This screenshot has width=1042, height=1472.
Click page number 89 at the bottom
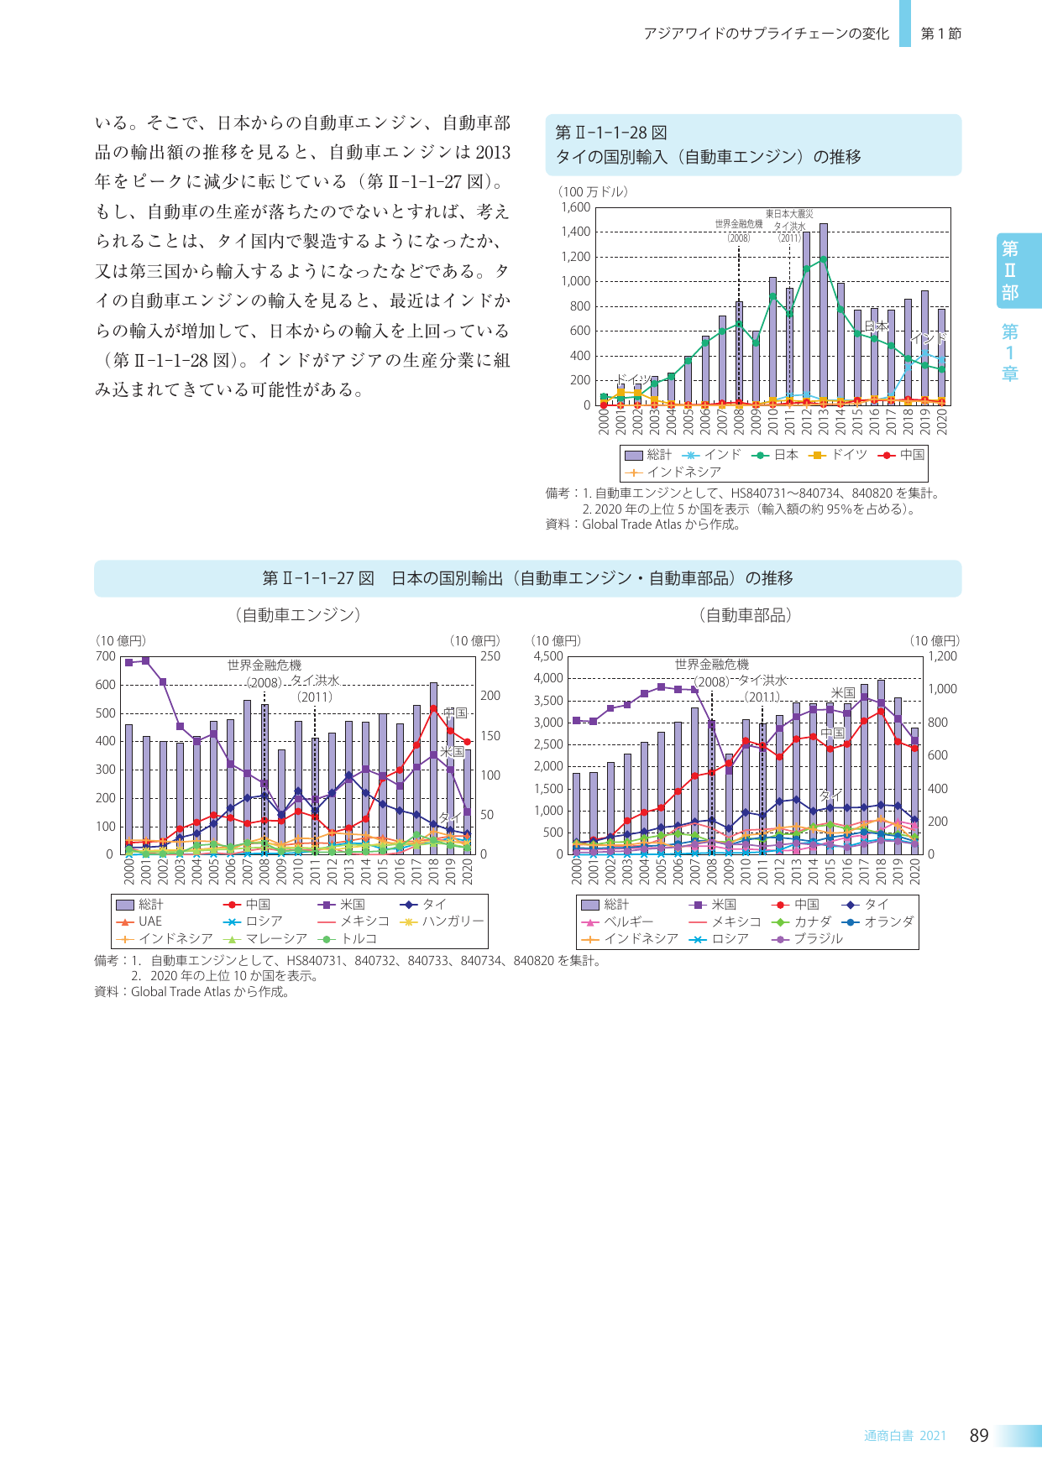979,1435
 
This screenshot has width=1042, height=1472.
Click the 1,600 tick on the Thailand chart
576,207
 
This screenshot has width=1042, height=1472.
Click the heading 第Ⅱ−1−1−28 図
611,133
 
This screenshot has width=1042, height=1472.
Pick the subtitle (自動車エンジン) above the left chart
297,615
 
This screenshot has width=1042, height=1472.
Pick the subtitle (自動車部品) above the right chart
745,615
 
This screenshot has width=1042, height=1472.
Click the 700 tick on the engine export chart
105,656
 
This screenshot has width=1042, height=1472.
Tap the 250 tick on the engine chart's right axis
490,656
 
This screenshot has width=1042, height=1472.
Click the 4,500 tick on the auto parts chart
548,656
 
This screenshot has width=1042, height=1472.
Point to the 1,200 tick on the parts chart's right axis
942,656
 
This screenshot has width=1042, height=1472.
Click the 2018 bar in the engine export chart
433,768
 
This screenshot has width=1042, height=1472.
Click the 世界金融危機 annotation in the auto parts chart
711,664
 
